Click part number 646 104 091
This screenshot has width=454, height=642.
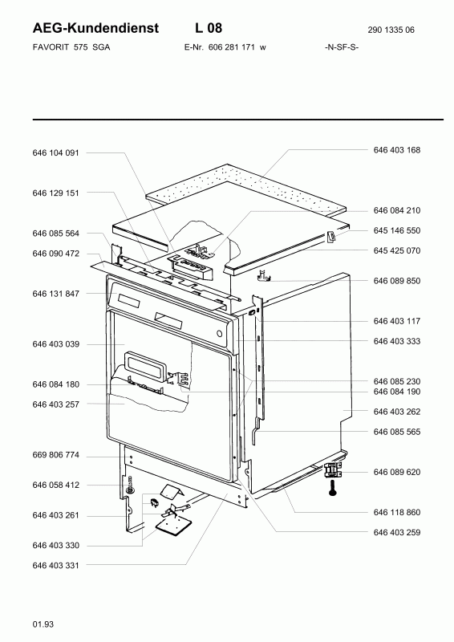point(55,152)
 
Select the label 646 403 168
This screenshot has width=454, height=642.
point(397,150)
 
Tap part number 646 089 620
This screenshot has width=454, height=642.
point(397,472)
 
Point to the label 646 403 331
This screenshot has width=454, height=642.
point(55,566)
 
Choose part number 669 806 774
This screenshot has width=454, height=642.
point(55,455)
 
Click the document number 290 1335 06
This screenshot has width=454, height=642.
point(391,30)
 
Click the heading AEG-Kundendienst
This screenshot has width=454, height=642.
point(95,28)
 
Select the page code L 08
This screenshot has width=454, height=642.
point(209,28)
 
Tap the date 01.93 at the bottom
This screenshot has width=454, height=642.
point(43,624)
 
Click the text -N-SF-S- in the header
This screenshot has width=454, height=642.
point(342,47)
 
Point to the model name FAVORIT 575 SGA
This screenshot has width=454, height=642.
point(71,47)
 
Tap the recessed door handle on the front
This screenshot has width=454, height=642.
point(146,363)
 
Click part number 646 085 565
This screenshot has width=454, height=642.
point(397,432)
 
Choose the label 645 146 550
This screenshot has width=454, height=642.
point(397,230)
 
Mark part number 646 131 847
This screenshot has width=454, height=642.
point(55,294)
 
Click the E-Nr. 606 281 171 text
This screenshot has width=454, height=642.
point(225,47)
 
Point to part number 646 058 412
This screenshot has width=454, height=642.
point(55,486)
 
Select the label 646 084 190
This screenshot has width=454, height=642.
point(397,392)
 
